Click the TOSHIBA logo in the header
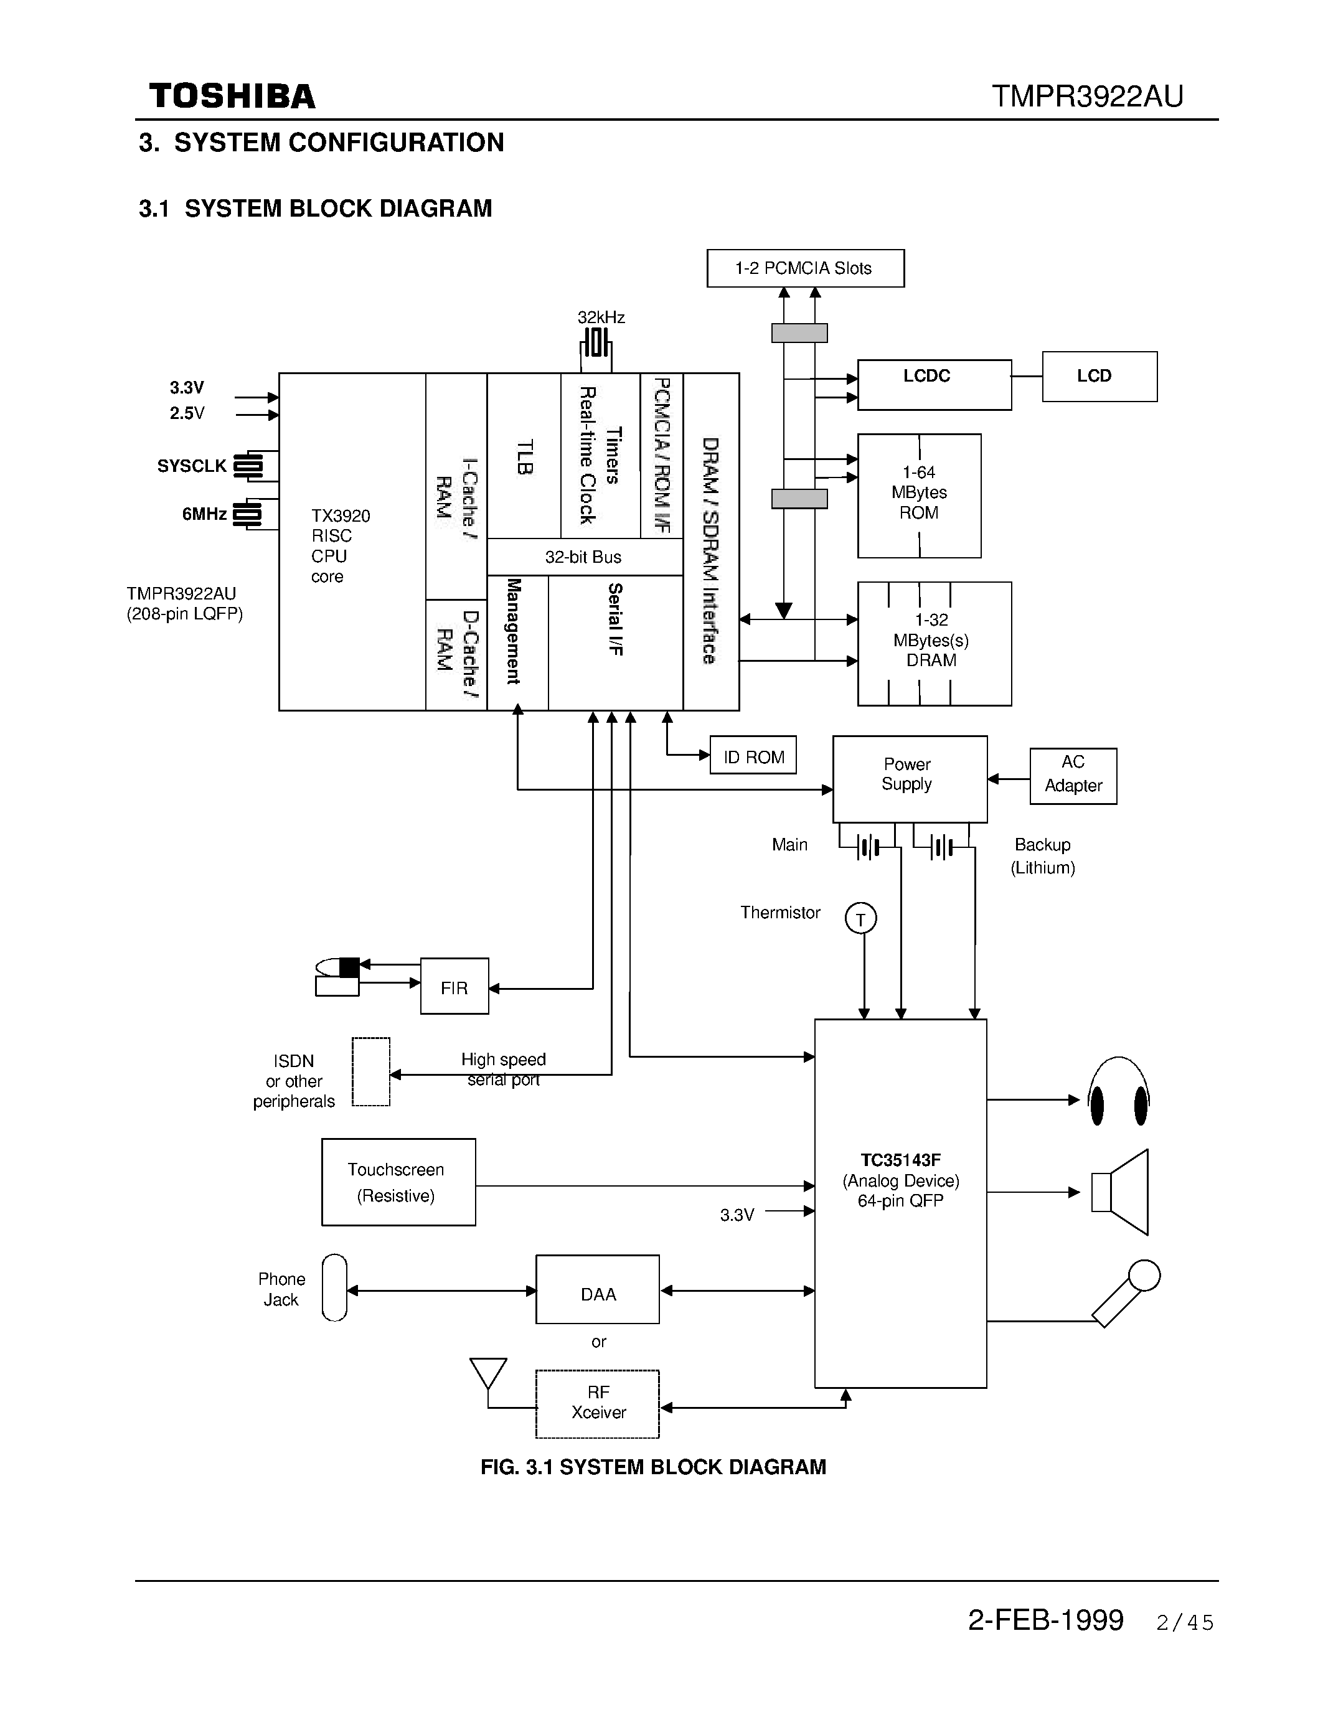tap(232, 96)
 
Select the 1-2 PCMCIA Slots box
tap(805, 268)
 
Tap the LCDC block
tap(935, 384)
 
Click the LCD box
tap(1099, 376)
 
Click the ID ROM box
tap(753, 755)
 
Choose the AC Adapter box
tap(1072, 775)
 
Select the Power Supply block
tap(909, 778)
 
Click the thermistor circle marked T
tap(860, 918)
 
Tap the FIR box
tap(454, 986)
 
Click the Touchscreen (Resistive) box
tap(398, 1182)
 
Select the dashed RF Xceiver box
tap(597, 1403)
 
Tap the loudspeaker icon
tap(1121, 1192)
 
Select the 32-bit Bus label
tap(583, 557)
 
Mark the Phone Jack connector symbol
tap(335, 1287)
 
